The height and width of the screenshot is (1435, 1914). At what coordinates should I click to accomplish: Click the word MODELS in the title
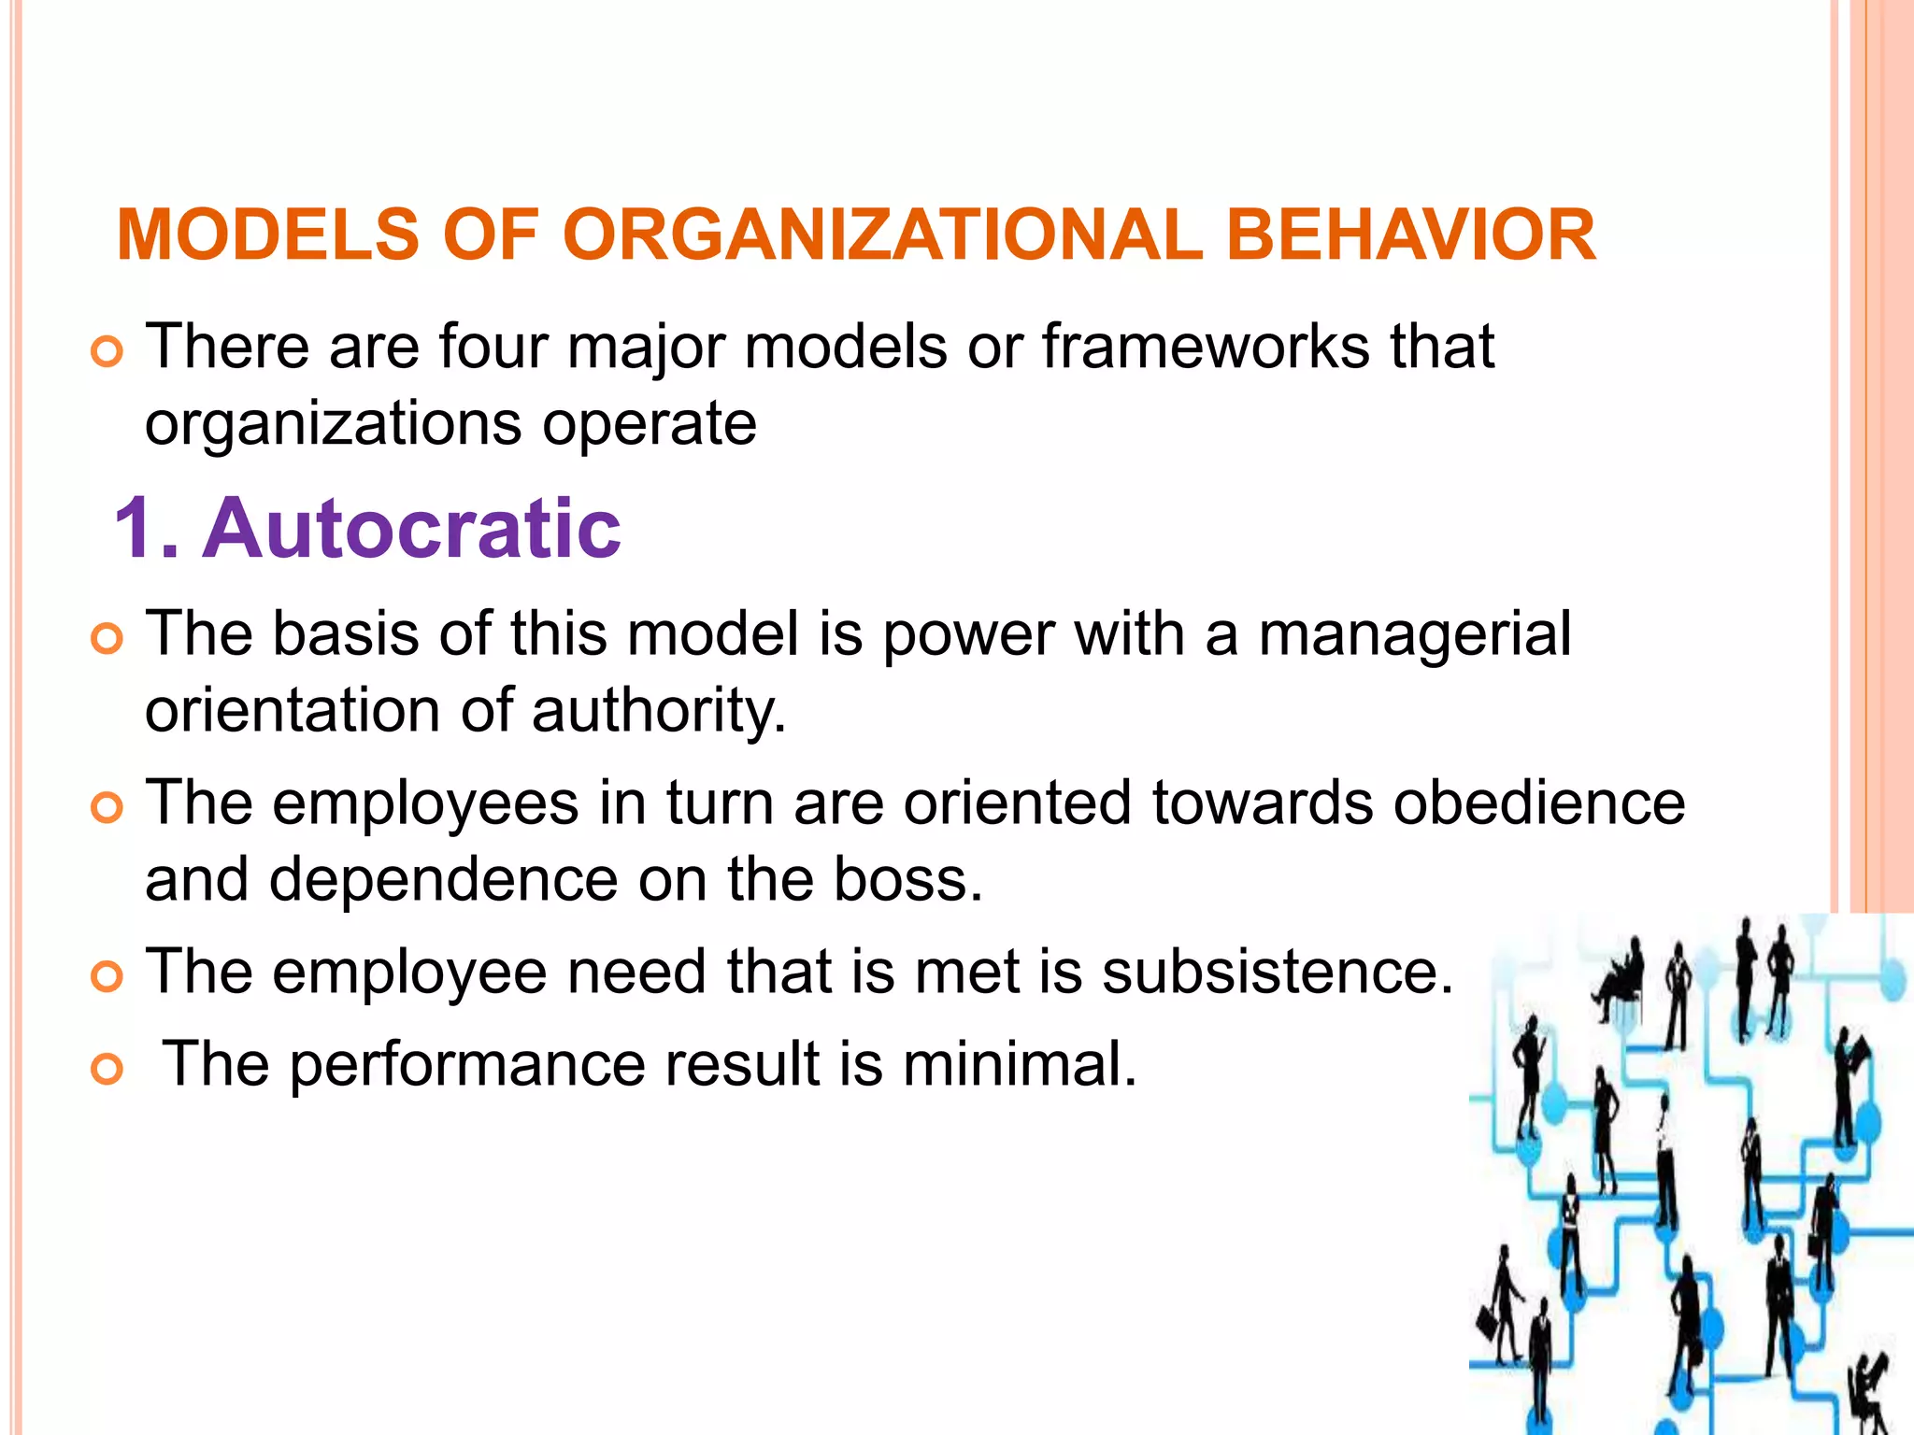268,234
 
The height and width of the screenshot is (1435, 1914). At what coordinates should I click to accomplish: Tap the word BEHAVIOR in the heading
1410,234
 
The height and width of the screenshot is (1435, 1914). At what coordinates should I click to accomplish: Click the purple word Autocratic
411,529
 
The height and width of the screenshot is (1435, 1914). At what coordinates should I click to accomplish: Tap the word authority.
659,712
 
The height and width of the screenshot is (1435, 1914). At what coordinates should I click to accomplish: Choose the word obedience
1539,803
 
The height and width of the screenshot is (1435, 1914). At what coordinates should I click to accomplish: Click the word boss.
907,880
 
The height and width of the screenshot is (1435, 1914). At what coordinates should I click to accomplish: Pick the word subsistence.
1277,972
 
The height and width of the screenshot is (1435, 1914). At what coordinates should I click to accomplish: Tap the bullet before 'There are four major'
107,354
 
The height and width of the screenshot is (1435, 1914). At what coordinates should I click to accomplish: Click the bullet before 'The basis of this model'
107,641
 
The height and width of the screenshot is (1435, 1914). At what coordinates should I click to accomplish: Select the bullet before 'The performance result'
107,1071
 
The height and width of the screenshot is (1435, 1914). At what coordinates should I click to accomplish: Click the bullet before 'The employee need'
107,978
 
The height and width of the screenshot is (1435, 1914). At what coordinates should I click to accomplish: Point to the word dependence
444,880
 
